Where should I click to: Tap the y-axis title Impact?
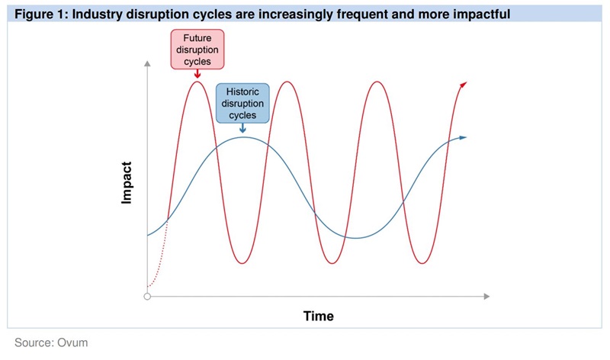click(x=127, y=183)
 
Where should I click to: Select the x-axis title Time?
click(x=318, y=315)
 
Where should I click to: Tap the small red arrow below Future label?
click(x=197, y=74)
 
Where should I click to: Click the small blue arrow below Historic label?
click(x=242, y=128)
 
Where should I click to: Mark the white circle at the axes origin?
click(x=147, y=296)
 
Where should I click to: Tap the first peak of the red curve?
click(x=197, y=81)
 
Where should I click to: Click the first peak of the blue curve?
click(x=243, y=137)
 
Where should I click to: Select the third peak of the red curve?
click(x=375, y=81)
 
